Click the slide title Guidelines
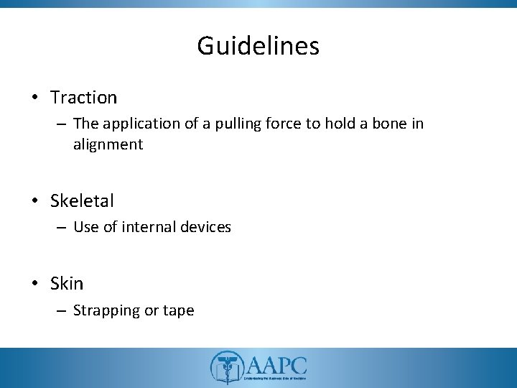point(258,47)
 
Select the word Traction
point(83,96)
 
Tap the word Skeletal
point(82,200)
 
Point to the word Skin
point(67,284)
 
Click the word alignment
point(108,144)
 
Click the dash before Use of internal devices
point(60,228)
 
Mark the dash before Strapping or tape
point(60,311)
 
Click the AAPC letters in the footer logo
point(276,363)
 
